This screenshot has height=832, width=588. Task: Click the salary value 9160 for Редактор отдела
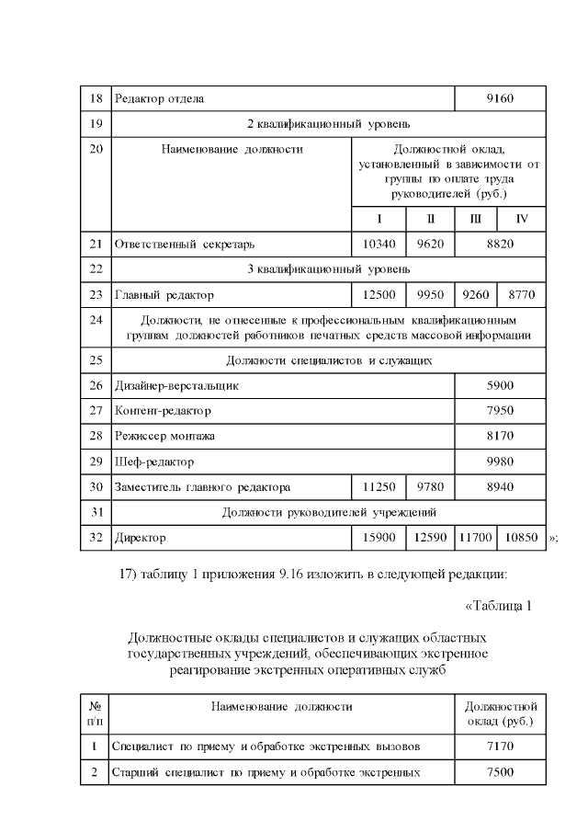tap(501, 97)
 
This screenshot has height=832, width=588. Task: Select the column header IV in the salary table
tap(522, 219)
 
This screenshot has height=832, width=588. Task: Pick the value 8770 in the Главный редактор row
tap(522, 295)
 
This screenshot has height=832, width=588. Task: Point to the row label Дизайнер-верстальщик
tap(176, 386)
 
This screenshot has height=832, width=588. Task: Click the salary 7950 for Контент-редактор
tap(501, 410)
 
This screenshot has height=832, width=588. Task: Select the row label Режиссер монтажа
tap(164, 435)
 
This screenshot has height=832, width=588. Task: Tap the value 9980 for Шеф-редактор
tap(501, 461)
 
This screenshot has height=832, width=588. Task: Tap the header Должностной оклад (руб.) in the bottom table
tap(501, 713)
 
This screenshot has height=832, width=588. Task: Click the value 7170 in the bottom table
tap(501, 747)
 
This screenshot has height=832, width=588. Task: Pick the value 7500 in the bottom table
tap(501, 772)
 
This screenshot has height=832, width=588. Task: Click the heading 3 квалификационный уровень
tap(328, 269)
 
